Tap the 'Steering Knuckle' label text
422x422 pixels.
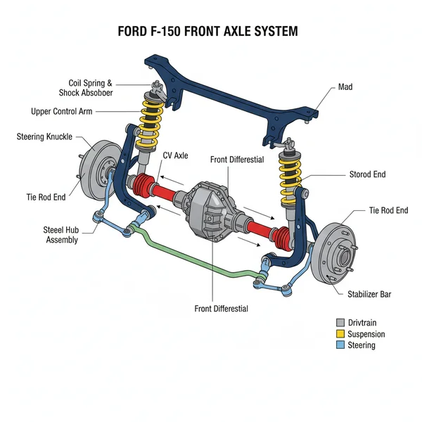coord(44,136)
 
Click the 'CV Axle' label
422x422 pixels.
coord(175,155)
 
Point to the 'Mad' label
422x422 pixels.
coord(345,87)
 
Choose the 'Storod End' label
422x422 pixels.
coord(367,174)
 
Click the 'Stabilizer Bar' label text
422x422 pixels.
coord(369,294)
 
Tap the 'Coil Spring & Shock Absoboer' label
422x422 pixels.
coord(91,88)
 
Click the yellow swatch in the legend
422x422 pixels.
coord(341,333)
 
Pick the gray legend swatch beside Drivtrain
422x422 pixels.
coord(341,322)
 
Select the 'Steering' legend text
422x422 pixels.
coord(361,345)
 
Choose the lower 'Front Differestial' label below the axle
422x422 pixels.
coord(221,308)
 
